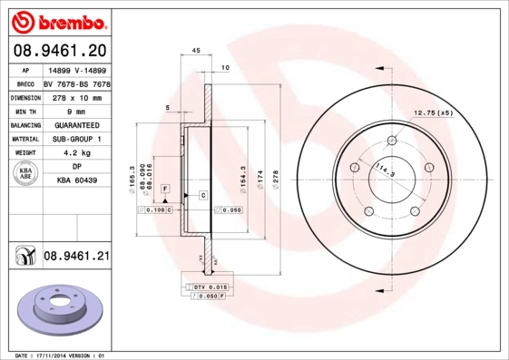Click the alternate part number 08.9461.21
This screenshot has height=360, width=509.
[76, 257]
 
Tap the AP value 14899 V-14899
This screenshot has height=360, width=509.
[75, 70]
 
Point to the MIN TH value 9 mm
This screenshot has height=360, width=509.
[76, 111]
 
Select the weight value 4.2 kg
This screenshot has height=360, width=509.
[76, 153]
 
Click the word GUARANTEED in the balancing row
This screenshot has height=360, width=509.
[76, 125]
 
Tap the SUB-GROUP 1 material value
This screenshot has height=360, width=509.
[76, 139]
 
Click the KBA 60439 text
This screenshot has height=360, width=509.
[76, 180]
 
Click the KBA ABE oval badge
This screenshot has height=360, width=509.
[26, 174]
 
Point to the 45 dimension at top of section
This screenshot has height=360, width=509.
[196, 52]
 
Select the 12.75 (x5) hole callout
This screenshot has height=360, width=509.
[433, 112]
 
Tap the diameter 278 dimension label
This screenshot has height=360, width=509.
[275, 177]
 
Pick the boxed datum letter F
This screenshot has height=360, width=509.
[165, 188]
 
